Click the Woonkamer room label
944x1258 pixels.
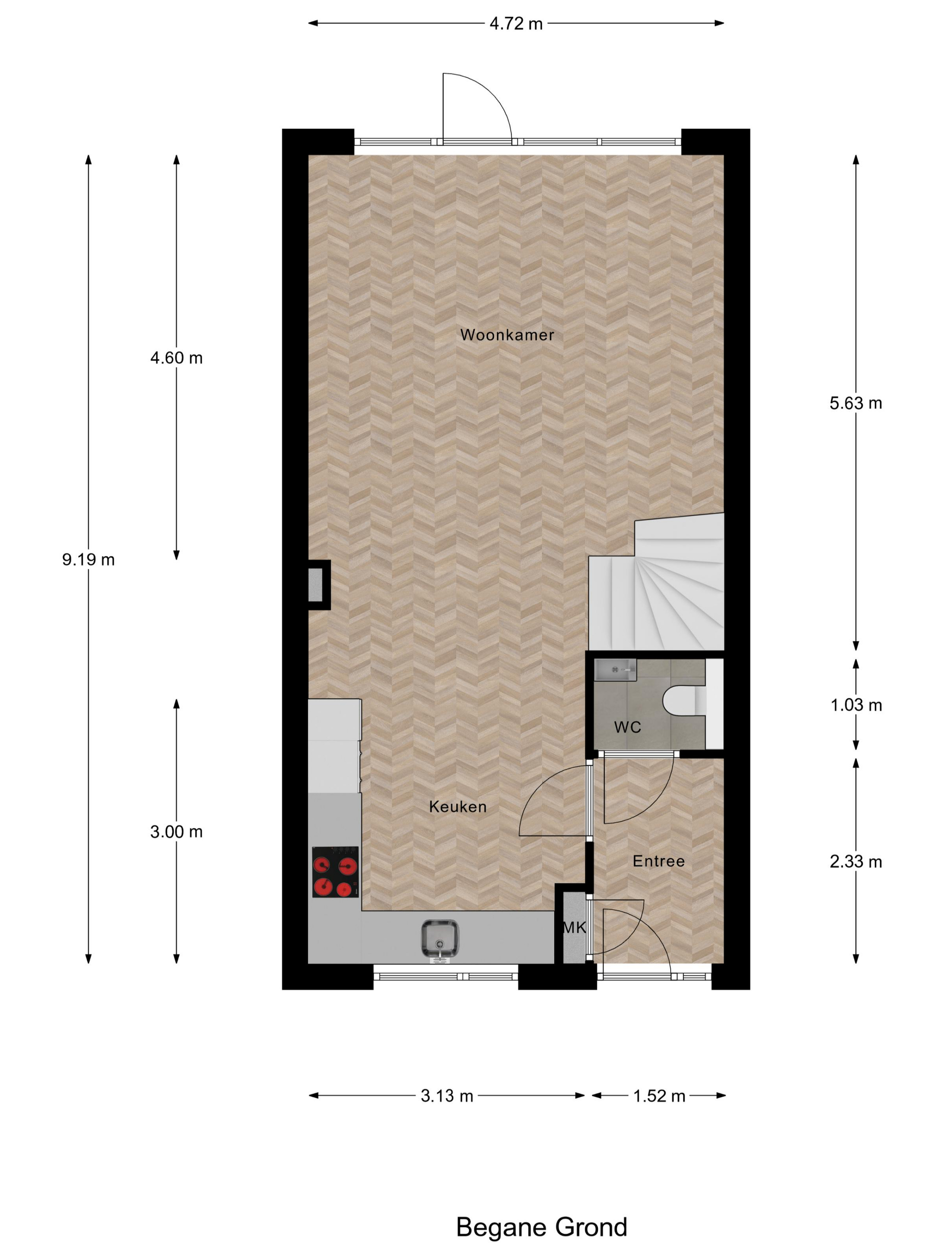(x=507, y=335)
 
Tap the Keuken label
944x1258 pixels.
(x=458, y=806)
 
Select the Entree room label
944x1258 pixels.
(x=659, y=861)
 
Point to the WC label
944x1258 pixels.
(x=627, y=727)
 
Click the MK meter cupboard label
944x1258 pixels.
(x=574, y=928)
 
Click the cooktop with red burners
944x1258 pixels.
(x=335, y=872)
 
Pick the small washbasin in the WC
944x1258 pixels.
(x=614, y=669)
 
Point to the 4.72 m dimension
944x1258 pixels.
(x=516, y=24)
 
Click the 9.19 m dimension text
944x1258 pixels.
(x=88, y=560)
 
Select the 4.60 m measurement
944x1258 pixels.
(x=176, y=358)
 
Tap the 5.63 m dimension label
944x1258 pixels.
(x=855, y=403)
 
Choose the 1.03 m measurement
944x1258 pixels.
(x=856, y=705)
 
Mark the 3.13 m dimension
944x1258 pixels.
(x=447, y=1096)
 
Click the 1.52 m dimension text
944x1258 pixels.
(x=659, y=1096)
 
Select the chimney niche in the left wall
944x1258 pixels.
(x=316, y=585)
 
